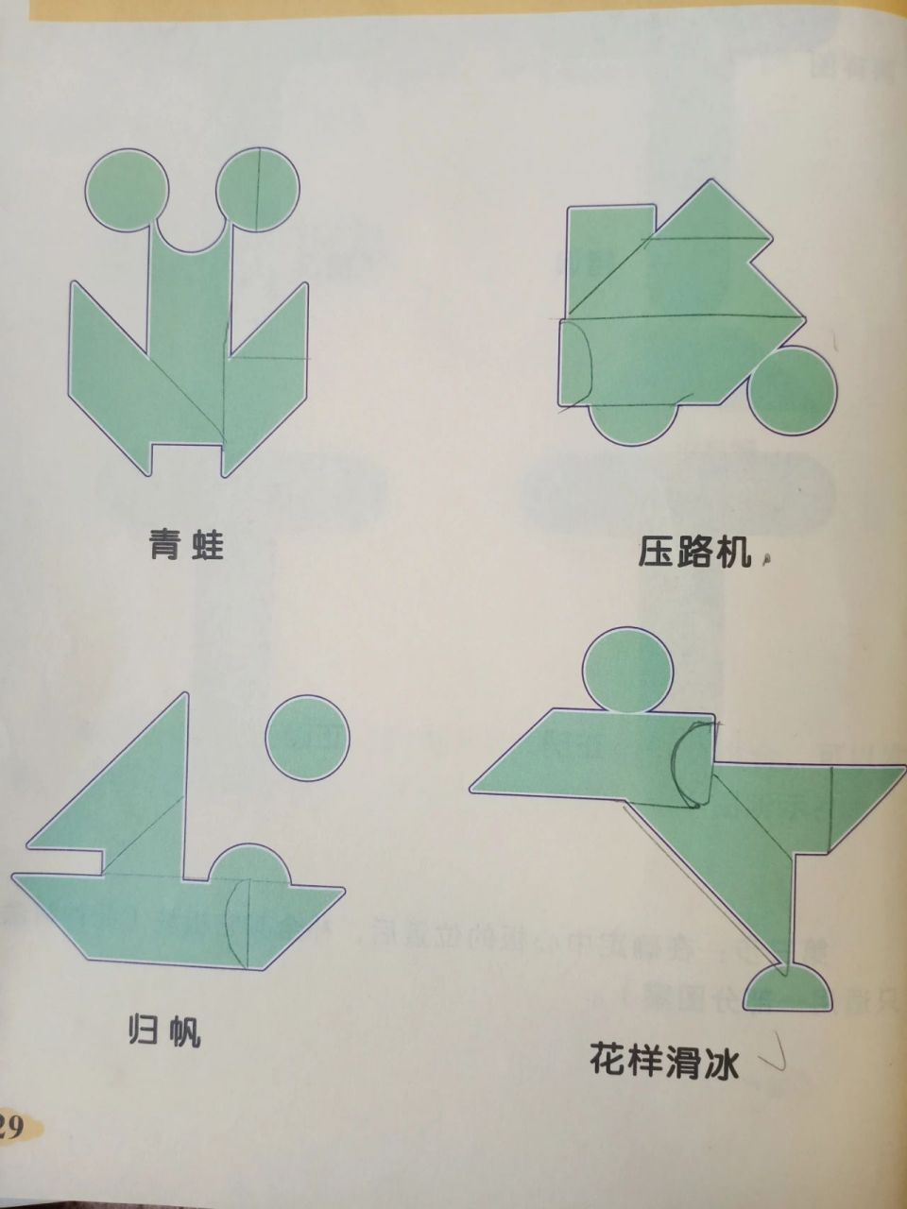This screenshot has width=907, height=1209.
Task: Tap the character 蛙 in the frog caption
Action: [x=207, y=545]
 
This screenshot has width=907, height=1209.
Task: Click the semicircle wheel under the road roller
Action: [x=633, y=421]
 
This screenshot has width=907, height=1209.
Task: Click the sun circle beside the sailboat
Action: [x=307, y=738]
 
